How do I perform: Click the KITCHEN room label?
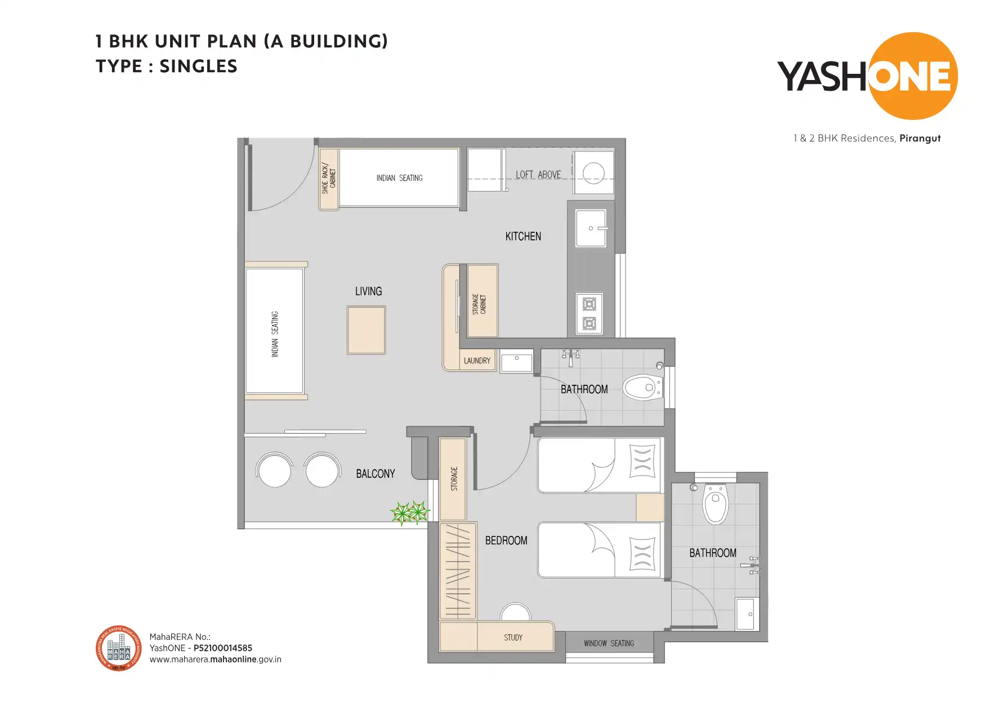pyautogui.click(x=523, y=237)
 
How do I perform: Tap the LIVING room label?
pyautogui.click(x=368, y=291)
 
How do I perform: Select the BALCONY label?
pyautogui.click(x=375, y=474)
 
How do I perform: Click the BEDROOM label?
pyautogui.click(x=506, y=540)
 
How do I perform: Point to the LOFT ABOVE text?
pyautogui.click(x=538, y=175)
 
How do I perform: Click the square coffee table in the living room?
pyautogui.click(x=366, y=330)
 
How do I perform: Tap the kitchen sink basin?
pyautogui.click(x=591, y=228)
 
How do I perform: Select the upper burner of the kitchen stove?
pyautogui.click(x=589, y=305)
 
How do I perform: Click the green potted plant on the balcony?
pyautogui.click(x=410, y=513)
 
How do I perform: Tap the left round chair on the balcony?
pyautogui.click(x=274, y=470)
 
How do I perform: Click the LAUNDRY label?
pyautogui.click(x=477, y=361)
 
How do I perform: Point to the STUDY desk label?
pyautogui.click(x=513, y=638)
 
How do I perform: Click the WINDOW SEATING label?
pyautogui.click(x=609, y=643)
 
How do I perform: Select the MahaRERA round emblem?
pyautogui.click(x=119, y=648)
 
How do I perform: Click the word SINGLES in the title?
pyautogui.click(x=198, y=66)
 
